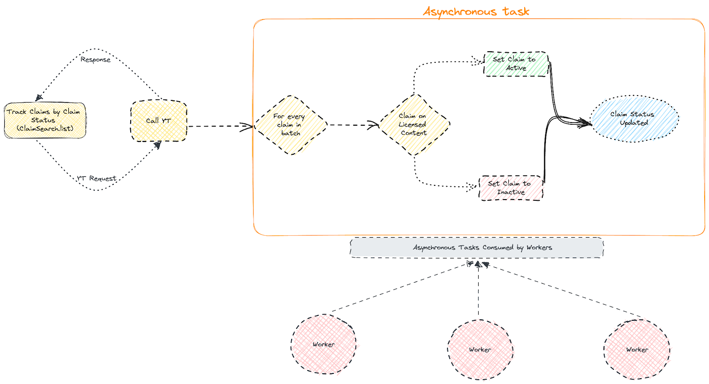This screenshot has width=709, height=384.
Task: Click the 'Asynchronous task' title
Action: tap(476, 12)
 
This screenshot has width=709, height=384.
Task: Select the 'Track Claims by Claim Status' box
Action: tap(45, 120)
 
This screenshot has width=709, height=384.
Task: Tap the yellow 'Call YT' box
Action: tap(159, 121)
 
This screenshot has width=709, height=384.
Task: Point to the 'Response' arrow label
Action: tap(96, 60)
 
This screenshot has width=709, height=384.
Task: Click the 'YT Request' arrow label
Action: tap(97, 178)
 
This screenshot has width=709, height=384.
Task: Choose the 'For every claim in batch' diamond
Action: tap(290, 125)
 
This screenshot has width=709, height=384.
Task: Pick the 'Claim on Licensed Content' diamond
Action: tap(413, 124)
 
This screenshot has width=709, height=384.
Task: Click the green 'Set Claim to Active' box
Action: tap(516, 64)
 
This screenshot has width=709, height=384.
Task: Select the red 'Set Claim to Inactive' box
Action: tap(511, 188)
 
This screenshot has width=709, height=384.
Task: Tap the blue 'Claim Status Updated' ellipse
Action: tap(634, 119)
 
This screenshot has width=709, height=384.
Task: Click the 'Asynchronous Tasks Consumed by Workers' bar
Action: tap(477, 248)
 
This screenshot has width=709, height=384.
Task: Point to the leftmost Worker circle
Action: tap(323, 344)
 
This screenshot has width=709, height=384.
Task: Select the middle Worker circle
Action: tap(480, 349)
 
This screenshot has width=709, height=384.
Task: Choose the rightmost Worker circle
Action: tap(637, 349)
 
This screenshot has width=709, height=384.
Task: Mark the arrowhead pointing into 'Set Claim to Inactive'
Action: tap(472, 187)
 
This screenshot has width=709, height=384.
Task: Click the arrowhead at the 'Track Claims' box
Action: tap(39, 98)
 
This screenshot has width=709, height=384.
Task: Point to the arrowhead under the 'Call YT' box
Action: tap(157, 145)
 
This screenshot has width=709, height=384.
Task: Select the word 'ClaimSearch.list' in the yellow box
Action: tap(45, 129)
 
